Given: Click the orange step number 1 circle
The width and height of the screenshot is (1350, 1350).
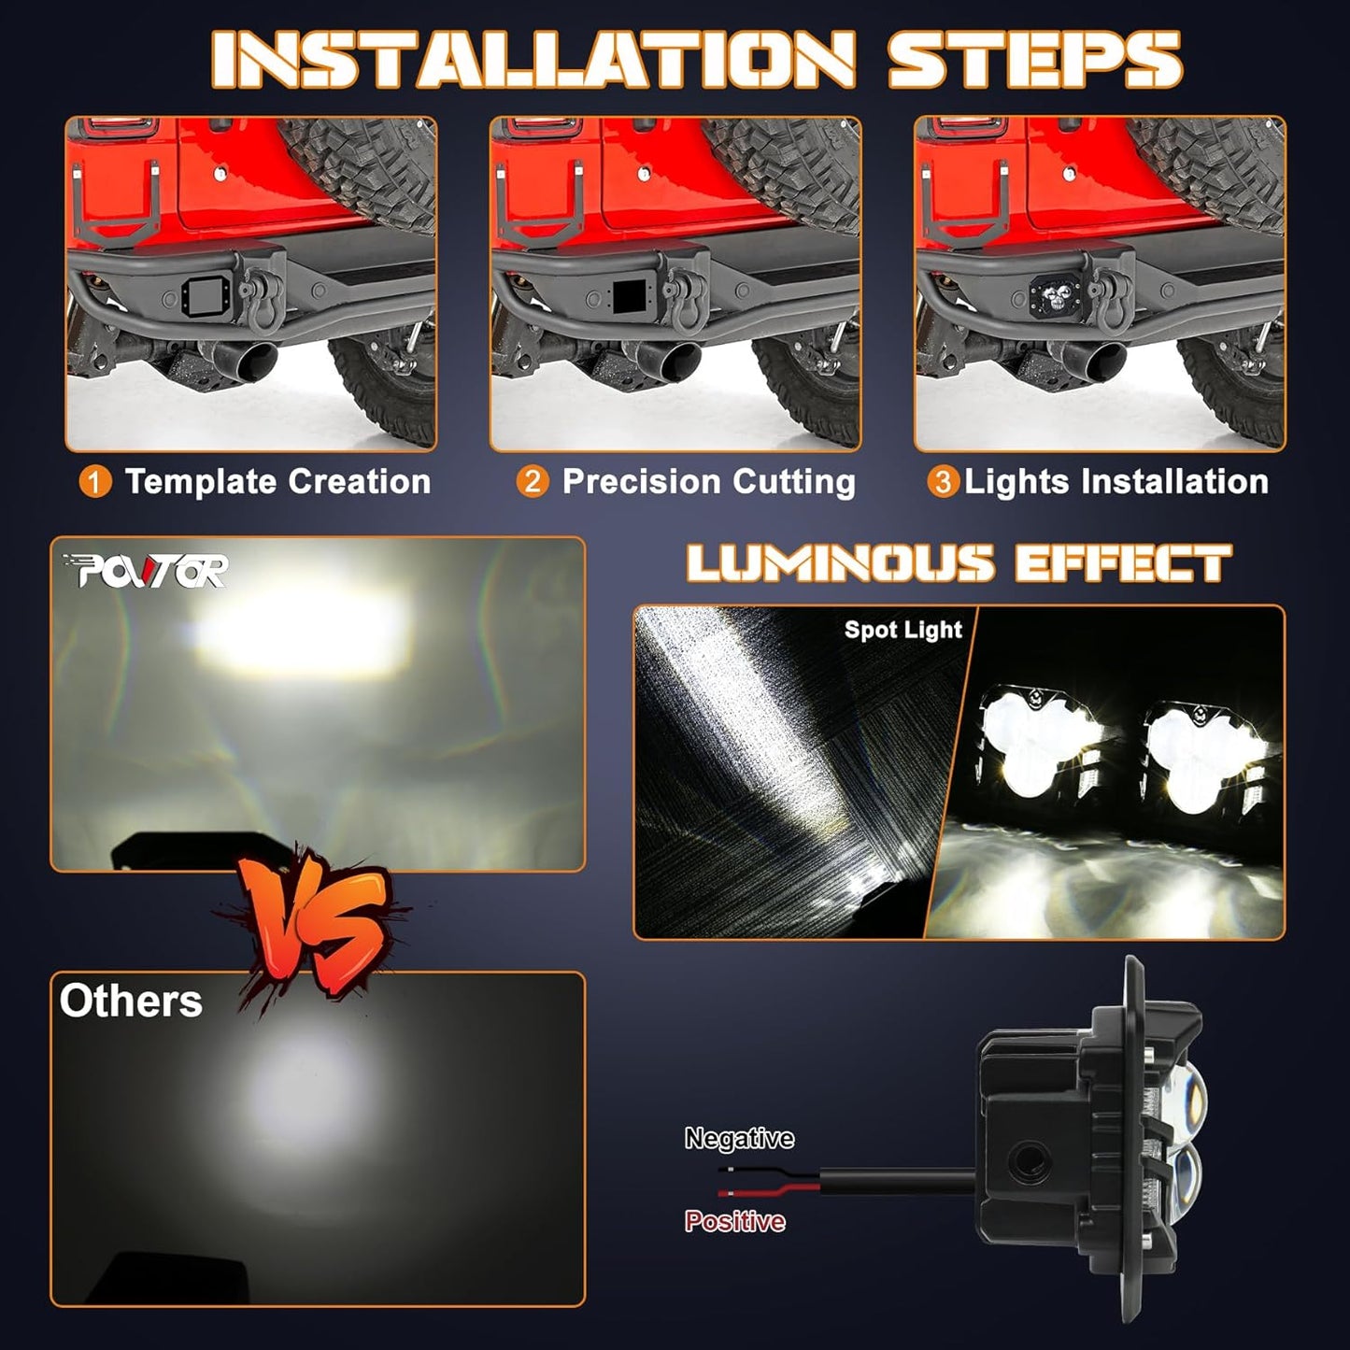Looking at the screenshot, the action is pos(95,482).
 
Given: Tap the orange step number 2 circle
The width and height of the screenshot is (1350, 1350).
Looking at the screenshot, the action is pos(532,482).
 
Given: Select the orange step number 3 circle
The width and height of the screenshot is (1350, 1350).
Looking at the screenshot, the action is pos(943,482).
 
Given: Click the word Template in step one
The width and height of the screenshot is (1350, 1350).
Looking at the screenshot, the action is pos(202,482).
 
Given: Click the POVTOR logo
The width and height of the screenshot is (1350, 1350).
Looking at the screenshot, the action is pos(146,570).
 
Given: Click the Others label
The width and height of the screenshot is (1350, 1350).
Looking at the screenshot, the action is pos(131,1001).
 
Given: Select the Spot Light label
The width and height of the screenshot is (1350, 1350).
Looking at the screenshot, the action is pos(903,630).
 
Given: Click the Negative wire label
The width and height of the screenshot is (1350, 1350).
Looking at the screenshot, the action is pos(739,1138).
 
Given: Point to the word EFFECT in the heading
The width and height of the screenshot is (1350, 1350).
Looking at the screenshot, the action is pos(1122,563).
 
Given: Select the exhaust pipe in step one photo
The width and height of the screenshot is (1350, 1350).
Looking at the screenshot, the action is pos(256,359).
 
